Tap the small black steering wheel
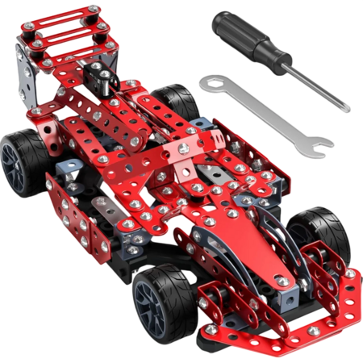click(x=103, y=78)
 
